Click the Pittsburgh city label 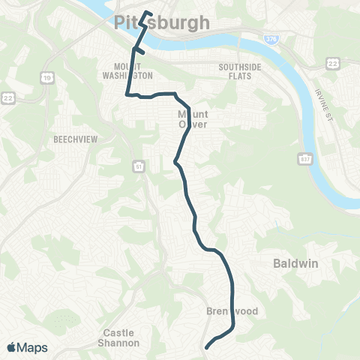click(x=163, y=24)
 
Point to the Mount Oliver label click(x=190, y=119)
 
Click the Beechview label click(x=72, y=139)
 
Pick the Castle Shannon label click(x=121, y=337)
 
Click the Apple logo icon click(x=13, y=347)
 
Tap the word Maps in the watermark click(x=34, y=347)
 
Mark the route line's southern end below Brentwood click(x=206, y=346)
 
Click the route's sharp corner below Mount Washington click(x=127, y=95)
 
